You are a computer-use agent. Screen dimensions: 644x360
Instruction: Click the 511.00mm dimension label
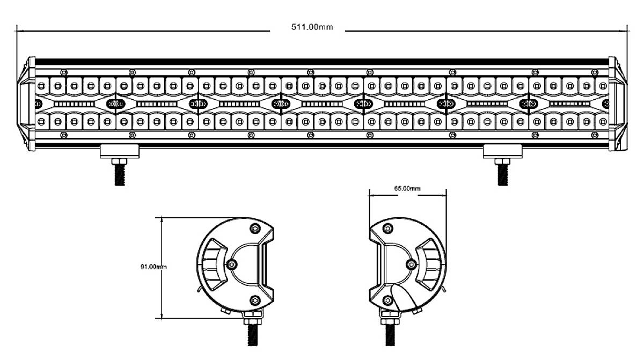(312, 27)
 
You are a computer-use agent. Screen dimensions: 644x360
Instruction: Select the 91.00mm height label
(153, 267)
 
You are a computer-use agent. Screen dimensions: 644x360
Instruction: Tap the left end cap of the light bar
(27, 104)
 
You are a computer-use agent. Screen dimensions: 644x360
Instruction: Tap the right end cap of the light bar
(617, 104)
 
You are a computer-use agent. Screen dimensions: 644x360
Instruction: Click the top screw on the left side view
(255, 230)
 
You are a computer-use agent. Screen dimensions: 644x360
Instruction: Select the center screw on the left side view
(232, 264)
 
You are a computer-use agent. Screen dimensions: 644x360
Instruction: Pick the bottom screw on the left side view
(255, 299)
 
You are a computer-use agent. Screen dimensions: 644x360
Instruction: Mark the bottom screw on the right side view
(387, 299)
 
